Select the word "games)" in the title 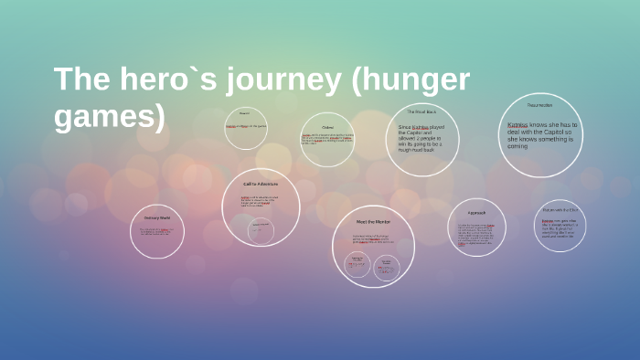pos(110,116)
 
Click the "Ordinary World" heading pos(157,217)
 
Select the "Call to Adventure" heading pos(261,184)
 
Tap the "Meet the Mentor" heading pos(373,222)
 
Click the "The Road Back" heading pos(421,111)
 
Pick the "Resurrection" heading pos(539,105)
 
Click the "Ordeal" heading pos(327,127)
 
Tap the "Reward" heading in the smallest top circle pos(245,113)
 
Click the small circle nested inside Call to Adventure pos(261,230)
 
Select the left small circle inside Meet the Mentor pos(357,265)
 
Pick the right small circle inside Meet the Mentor pos(387,266)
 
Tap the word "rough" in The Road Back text pos(407,150)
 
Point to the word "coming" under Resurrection pos(517,146)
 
